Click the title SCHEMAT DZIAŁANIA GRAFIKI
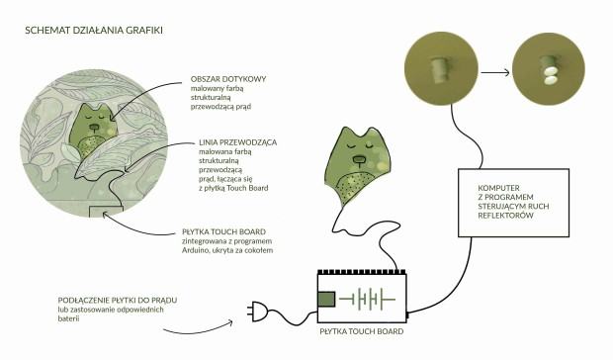click(x=94, y=30)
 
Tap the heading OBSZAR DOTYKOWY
click(x=228, y=79)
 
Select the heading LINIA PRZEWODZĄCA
click(x=237, y=142)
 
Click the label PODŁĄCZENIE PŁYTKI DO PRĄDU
click(x=118, y=301)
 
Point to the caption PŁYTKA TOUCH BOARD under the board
click(x=362, y=331)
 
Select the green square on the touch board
click(x=326, y=299)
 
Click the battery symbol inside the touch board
click(x=368, y=300)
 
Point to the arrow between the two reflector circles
click(x=495, y=72)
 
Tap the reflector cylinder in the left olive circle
click(x=440, y=69)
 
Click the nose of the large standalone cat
click(x=358, y=159)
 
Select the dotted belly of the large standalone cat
click(x=354, y=187)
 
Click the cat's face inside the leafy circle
click(x=94, y=123)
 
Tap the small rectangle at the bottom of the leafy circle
click(x=106, y=212)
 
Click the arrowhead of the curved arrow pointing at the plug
click(x=230, y=322)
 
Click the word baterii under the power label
click(x=68, y=318)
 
